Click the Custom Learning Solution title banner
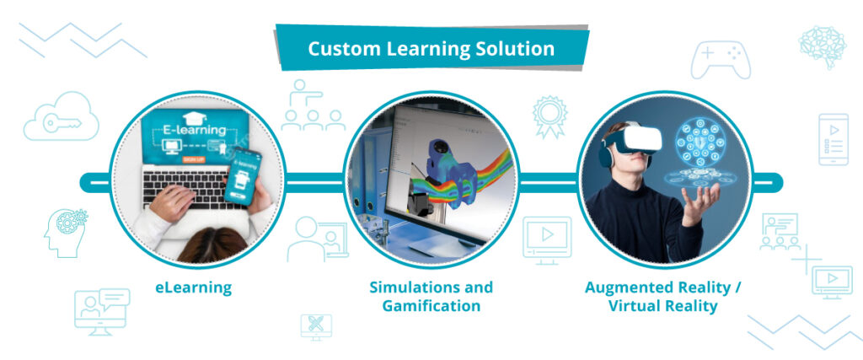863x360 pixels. click(x=431, y=48)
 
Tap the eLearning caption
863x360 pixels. click(x=193, y=287)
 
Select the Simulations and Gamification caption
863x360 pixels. click(x=431, y=296)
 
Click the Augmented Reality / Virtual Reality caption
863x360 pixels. click(x=662, y=296)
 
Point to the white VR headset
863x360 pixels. click(x=634, y=142)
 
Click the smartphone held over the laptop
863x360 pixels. click(x=242, y=177)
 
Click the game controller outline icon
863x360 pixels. click(x=721, y=60)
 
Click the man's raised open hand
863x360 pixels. click(x=700, y=202)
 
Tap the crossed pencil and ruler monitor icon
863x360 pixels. click(x=316, y=325)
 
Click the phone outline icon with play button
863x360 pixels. click(x=833, y=139)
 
